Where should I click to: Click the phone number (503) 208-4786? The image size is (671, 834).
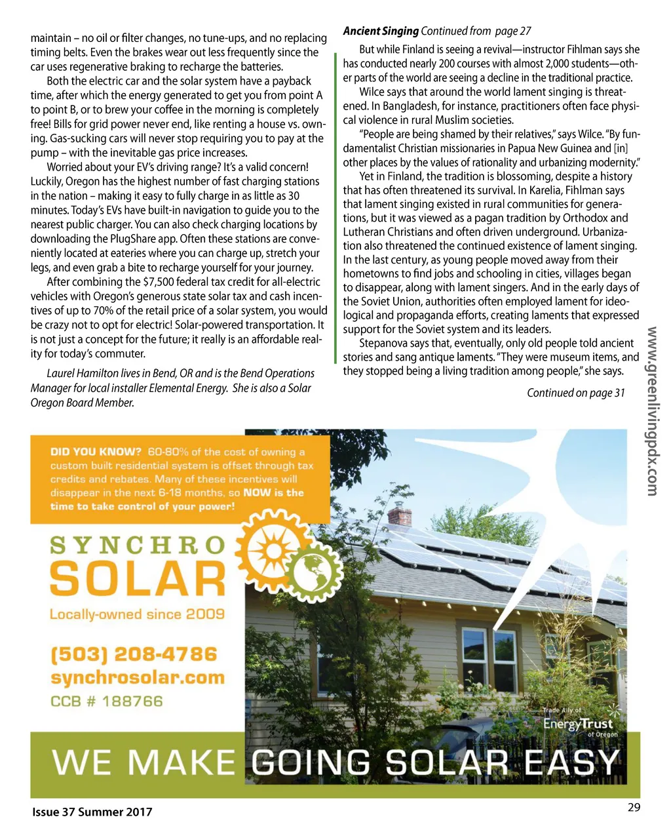134,654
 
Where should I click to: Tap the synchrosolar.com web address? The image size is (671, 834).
138,677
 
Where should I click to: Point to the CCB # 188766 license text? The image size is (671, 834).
107,701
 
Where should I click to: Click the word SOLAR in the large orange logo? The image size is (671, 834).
138,580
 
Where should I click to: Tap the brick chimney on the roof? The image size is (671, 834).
400,516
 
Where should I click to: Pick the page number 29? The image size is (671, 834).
634,807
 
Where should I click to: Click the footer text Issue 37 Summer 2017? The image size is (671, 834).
92,812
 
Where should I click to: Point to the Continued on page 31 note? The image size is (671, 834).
576,393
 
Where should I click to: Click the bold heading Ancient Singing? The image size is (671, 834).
381,31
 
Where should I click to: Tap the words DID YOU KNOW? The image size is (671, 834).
96,452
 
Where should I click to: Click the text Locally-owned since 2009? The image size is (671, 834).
137,614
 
